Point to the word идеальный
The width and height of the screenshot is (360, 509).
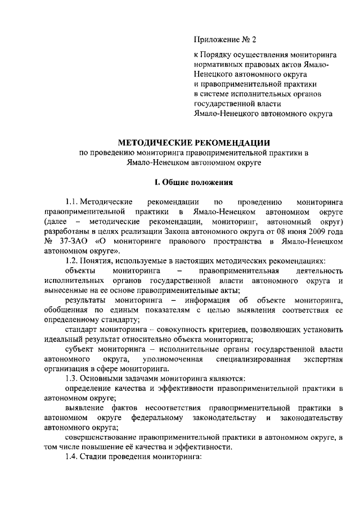(62, 340)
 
